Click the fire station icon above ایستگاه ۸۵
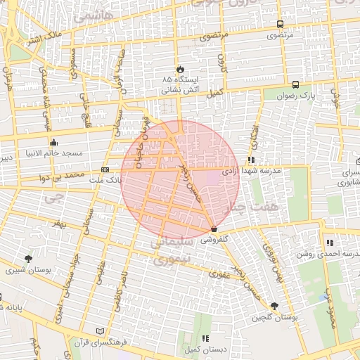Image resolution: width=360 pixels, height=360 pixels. (x=181, y=69)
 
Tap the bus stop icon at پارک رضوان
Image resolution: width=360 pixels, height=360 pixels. (x=298, y=82)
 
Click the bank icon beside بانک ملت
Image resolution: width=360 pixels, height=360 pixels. (x=105, y=169)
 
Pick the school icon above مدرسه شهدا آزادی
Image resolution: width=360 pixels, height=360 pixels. (x=251, y=160)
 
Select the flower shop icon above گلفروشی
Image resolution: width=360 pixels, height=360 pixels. (x=214, y=229)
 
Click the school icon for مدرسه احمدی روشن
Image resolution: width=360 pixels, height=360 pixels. (x=329, y=243)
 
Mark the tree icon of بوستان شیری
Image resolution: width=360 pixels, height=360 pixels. (x=28, y=259)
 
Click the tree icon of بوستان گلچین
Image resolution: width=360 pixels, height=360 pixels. (x=274, y=306)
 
